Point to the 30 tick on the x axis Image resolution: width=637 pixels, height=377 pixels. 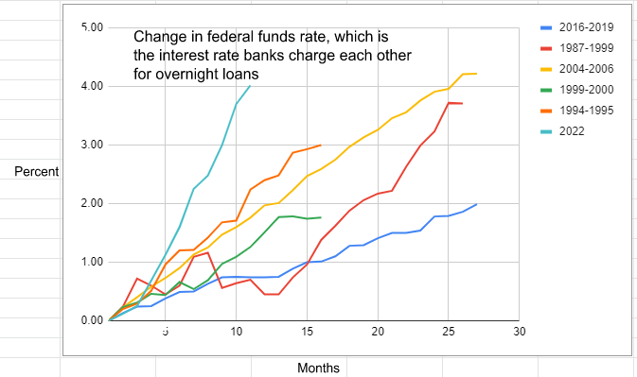518,333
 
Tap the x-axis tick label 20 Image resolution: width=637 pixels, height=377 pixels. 379,333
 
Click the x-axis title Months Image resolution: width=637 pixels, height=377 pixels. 318,368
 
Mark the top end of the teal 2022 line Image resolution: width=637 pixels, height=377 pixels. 250,86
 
